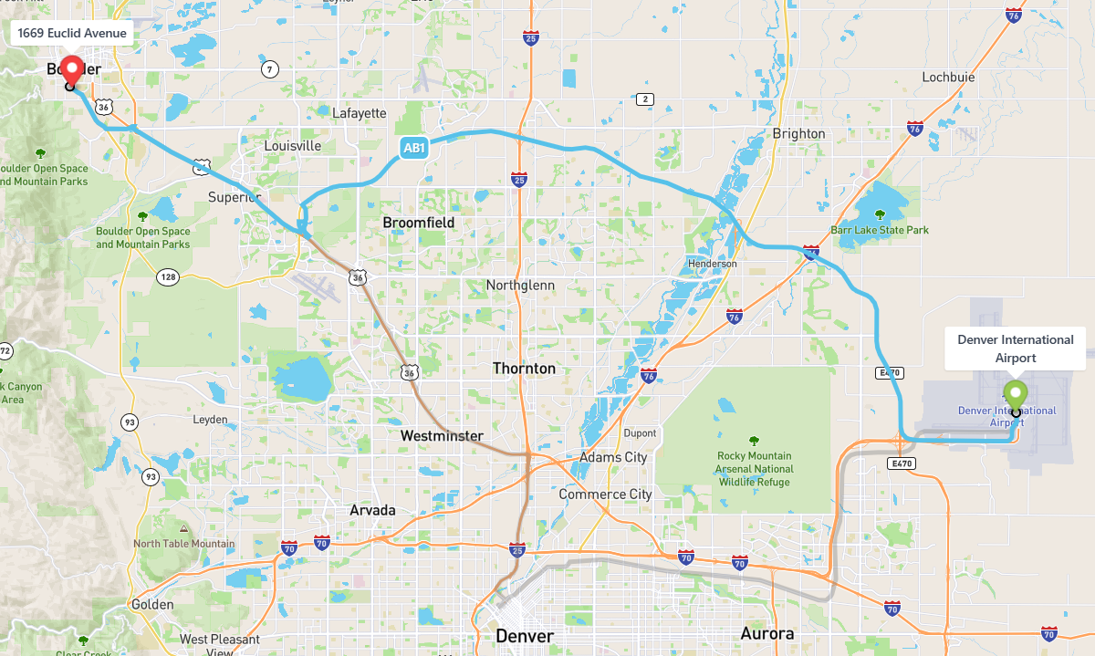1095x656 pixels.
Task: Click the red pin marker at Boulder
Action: pos(70,68)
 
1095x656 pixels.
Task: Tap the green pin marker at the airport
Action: pos(1015,394)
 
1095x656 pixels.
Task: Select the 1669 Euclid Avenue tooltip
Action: pos(72,33)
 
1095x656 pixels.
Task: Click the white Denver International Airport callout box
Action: pos(1015,349)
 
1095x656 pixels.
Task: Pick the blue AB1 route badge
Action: pos(413,148)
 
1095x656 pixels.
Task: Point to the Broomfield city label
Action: pos(418,223)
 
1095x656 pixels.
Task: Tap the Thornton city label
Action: pos(524,369)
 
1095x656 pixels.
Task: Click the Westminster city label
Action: pos(442,436)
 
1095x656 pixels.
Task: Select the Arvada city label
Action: pos(372,510)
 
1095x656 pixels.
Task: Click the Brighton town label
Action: pos(798,133)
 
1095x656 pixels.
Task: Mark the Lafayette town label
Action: pos(359,113)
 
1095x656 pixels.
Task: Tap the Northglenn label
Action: pos(520,286)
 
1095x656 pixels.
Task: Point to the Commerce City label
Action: pos(605,494)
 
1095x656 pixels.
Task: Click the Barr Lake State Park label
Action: pos(880,230)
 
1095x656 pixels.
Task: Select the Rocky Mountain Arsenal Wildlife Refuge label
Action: pos(754,469)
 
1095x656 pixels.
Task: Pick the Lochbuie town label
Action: pos(948,78)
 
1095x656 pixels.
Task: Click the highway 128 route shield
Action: pos(167,276)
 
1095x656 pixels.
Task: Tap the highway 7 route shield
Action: pos(269,68)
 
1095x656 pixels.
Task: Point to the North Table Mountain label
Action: pos(184,544)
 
